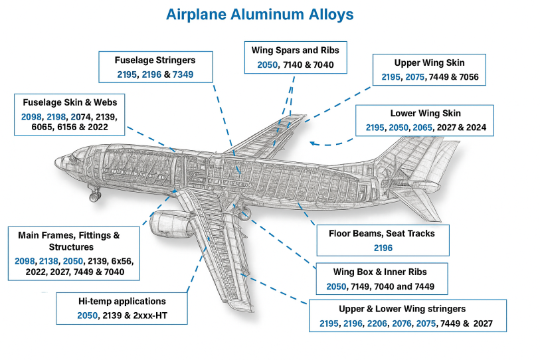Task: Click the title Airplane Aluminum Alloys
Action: [269, 13]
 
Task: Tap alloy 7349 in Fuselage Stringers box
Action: [183, 73]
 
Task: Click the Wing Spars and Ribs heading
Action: [296, 50]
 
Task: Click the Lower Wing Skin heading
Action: [425, 113]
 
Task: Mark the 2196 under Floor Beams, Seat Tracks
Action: [382, 248]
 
